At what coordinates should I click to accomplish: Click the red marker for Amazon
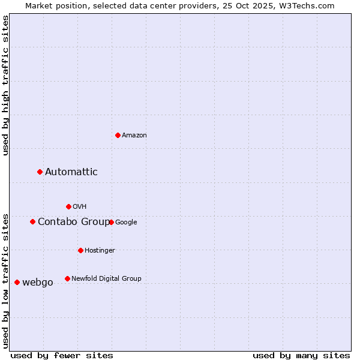[118, 135]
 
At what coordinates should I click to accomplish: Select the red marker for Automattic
[40, 172]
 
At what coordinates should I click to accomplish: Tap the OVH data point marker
[68, 206]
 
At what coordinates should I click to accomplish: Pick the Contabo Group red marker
[33, 222]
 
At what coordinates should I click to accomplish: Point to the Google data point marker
[111, 222]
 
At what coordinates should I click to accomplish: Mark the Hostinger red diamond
[80, 250]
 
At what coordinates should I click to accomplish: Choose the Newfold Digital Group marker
[67, 278]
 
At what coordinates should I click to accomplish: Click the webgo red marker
[17, 282]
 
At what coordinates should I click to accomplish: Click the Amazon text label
[134, 136]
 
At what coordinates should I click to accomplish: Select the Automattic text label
[71, 172]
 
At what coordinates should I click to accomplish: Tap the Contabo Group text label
[73, 222]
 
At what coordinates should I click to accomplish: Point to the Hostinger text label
[100, 251]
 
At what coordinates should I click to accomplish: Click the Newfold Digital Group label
[106, 278]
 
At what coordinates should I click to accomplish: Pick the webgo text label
[38, 283]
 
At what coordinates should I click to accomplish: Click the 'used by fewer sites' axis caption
[62, 355]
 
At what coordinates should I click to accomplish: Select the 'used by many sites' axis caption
[301, 355]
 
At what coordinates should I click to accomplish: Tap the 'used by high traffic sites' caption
[6, 85]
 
